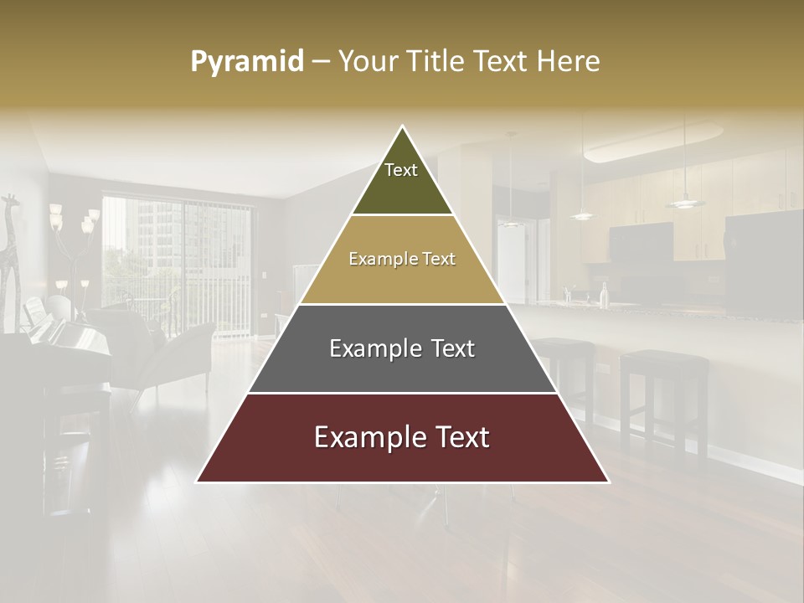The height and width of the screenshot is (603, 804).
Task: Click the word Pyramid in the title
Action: point(246,62)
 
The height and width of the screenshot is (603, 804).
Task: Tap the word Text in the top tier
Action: point(401,170)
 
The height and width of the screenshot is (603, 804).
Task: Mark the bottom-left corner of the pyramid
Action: point(197,482)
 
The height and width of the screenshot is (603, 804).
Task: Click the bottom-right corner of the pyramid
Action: point(609,482)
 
